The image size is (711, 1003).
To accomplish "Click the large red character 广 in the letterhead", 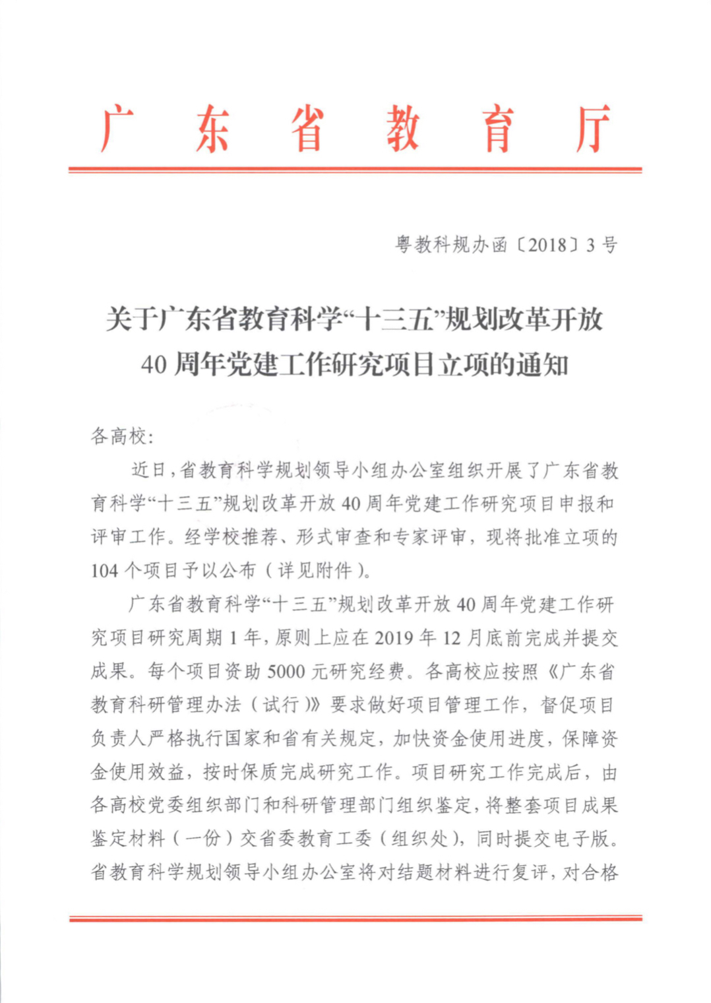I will click(117, 128).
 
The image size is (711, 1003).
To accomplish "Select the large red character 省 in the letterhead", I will click(307, 128).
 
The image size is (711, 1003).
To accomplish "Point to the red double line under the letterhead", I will click(355, 170).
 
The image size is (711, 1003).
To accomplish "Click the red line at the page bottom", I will click(355, 918).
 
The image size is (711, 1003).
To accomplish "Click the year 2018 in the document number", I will click(547, 245).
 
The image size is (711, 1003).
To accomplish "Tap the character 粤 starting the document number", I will click(404, 245).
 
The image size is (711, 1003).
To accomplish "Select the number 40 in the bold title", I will click(154, 365).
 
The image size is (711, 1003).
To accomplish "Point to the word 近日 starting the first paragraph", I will click(149, 470).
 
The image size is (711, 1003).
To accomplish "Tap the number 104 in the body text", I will click(105, 571).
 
